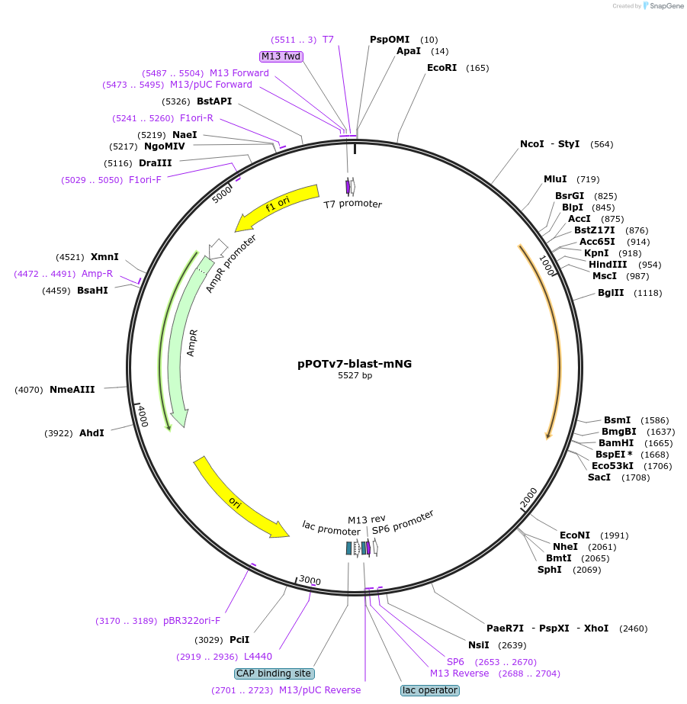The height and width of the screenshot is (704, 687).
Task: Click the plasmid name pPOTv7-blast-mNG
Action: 355,364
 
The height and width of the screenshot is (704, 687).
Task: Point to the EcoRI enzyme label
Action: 441,68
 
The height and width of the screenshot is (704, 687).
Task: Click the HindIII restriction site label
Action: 608,265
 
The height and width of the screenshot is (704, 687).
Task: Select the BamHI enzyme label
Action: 616,443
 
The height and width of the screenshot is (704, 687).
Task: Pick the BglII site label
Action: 610,293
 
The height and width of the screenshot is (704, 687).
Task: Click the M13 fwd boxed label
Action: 281,56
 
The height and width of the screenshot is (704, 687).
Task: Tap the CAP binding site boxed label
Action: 274,673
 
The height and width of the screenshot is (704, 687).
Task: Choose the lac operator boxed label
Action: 430,690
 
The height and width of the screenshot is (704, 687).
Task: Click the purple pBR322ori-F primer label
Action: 191,621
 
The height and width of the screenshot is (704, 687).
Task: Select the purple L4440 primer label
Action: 258,656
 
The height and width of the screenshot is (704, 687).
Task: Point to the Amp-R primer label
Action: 97,274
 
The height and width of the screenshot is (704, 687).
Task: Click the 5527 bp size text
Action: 355,375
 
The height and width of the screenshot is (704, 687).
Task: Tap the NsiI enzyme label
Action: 479,645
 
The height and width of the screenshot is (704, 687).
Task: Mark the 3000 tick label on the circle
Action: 310,580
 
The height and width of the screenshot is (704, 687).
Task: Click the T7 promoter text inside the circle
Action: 352,204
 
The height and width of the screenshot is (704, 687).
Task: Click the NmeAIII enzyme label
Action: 72,390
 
